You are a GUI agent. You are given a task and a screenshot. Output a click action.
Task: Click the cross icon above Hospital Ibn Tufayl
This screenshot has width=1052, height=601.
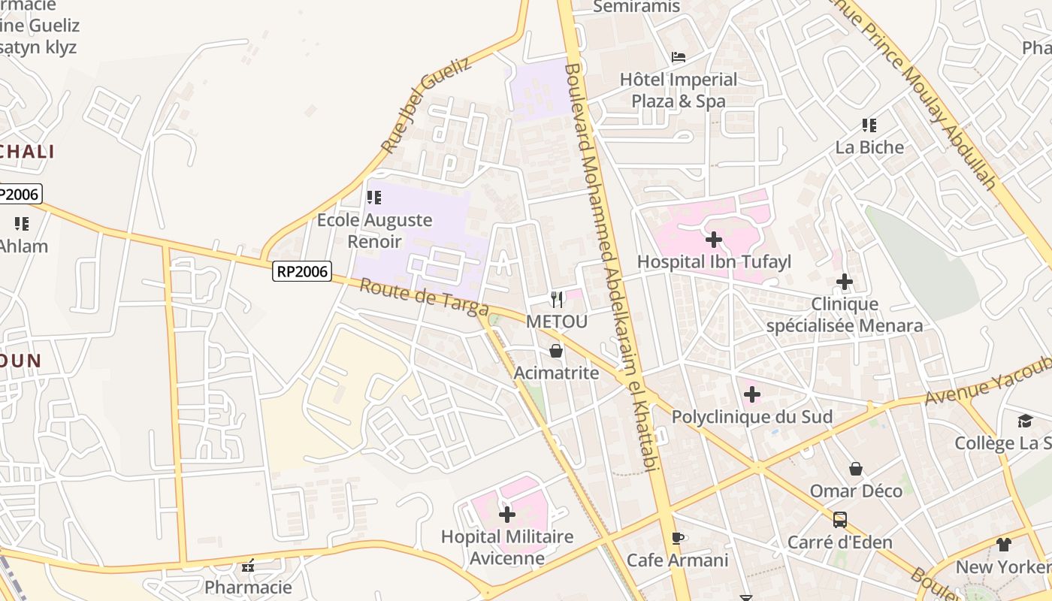tap(714, 240)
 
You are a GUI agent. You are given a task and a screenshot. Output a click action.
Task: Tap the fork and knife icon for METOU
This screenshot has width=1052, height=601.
tap(556, 300)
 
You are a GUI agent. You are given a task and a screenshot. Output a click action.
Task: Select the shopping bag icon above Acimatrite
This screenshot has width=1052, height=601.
tap(556, 351)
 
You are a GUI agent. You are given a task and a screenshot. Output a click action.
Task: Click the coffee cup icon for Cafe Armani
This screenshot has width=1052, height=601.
tap(677, 538)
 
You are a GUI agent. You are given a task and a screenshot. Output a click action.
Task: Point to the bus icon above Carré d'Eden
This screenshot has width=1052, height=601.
tap(840, 519)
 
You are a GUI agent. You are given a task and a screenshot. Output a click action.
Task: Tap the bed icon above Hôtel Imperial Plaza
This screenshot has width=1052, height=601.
tap(678, 57)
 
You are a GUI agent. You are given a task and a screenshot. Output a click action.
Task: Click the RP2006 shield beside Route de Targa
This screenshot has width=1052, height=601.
tap(301, 271)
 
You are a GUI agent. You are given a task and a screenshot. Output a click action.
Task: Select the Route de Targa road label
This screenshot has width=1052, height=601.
tap(424, 297)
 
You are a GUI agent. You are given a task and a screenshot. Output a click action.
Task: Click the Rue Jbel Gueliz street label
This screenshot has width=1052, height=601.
tap(425, 104)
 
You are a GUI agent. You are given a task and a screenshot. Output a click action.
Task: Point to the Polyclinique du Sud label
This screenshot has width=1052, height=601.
tap(751, 417)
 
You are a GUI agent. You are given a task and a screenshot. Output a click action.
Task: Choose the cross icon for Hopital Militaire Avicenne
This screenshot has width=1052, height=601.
tap(507, 515)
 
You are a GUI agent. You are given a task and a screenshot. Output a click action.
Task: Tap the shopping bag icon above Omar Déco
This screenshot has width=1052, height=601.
tap(855, 470)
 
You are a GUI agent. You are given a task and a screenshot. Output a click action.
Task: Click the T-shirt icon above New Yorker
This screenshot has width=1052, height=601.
tap(1004, 545)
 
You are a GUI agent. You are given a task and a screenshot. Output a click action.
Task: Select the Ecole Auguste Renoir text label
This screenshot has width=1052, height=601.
tap(374, 231)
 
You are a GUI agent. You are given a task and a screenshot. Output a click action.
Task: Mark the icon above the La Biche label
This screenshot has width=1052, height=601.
tap(869, 125)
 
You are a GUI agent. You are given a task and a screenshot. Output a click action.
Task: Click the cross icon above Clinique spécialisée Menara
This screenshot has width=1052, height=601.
tap(845, 282)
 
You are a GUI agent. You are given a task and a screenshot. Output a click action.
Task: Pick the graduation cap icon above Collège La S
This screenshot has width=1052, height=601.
tap(1025, 421)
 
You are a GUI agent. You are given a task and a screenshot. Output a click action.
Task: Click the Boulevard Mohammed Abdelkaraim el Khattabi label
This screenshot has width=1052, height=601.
tap(610, 267)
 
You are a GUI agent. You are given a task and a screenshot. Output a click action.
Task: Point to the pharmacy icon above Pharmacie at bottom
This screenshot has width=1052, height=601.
tap(248, 566)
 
